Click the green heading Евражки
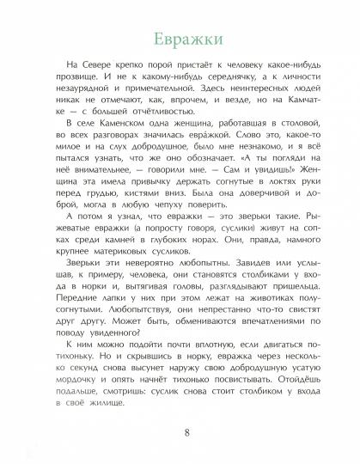(181, 40)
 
